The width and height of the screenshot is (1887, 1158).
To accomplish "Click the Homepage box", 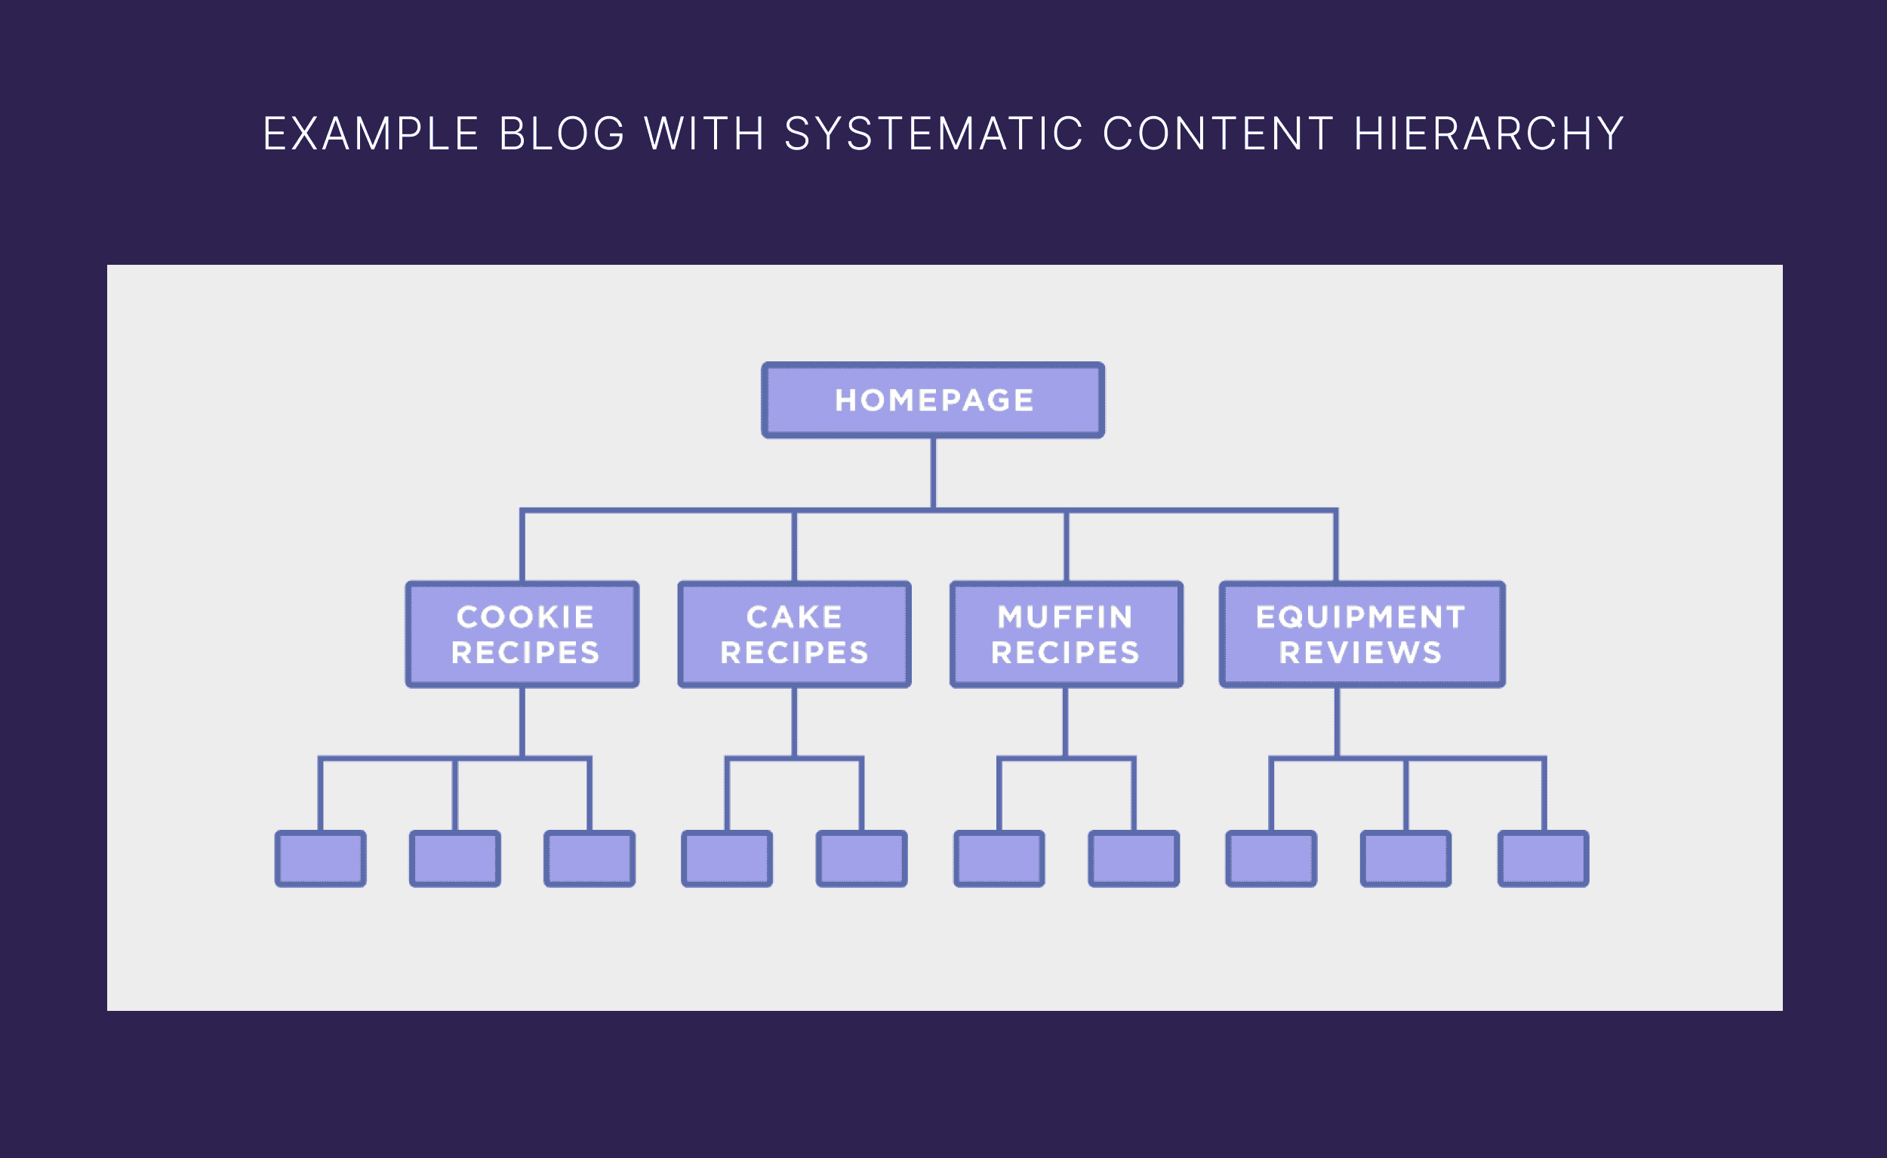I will pyautogui.click(x=932, y=400).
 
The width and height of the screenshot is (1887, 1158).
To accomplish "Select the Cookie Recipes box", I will pyautogui.click(x=522, y=634).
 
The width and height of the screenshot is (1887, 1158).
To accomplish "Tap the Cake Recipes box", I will pyautogui.click(x=794, y=634).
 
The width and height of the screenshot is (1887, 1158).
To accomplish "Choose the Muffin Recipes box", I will pyautogui.click(x=1066, y=634).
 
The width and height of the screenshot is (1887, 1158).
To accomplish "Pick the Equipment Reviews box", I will pyautogui.click(x=1362, y=634).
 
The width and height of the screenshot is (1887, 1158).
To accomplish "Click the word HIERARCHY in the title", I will pyautogui.click(x=1488, y=134).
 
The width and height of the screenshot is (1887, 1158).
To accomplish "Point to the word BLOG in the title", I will pyautogui.click(x=562, y=134).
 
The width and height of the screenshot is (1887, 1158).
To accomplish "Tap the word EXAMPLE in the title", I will pyautogui.click(x=371, y=134).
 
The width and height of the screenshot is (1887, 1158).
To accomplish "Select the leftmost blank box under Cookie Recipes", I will pyautogui.click(x=320, y=859).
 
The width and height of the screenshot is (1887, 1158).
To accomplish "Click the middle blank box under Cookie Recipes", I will pyautogui.click(x=455, y=859).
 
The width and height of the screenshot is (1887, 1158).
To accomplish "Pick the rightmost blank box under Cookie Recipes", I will pyautogui.click(x=589, y=859).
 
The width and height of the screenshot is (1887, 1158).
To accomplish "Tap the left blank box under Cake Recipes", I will pyautogui.click(x=727, y=859).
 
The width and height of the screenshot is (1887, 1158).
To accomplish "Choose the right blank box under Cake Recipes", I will pyautogui.click(x=861, y=859).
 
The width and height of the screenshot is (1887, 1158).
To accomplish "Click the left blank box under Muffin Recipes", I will pyautogui.click(x=999, y=859).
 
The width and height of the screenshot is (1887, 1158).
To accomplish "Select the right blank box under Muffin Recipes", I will pyautogui.click(x=1134, y=859).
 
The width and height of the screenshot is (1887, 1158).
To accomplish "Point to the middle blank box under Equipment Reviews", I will pyautogui.click(x=1406, y=859).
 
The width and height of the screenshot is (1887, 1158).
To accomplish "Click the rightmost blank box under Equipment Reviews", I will pyautogui.click(x=1543, y=859).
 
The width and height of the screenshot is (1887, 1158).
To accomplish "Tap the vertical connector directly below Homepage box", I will pyautogui.click(x=932, y=472).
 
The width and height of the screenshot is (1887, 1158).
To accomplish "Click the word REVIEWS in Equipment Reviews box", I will pyautogui.click(x=1360, y=653).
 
